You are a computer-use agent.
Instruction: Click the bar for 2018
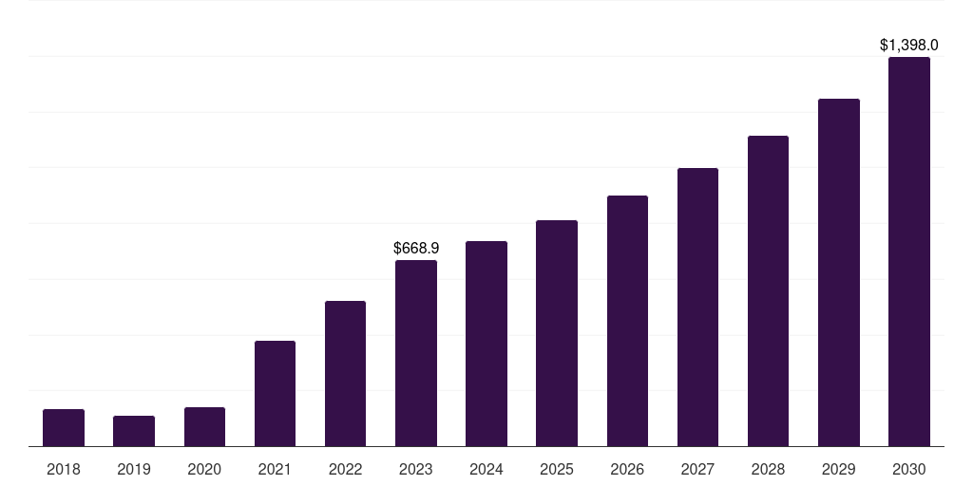[64, 428]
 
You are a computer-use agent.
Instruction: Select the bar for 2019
[134, 431]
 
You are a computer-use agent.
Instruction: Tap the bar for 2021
[275, 394]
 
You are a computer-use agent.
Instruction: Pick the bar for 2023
[416, 353]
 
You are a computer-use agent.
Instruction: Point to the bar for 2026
[627, 321]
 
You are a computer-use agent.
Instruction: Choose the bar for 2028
[768, 290]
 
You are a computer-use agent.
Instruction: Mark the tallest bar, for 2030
[909, 252]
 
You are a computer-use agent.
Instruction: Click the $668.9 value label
[416, 249]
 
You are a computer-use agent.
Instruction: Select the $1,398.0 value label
[909, 46]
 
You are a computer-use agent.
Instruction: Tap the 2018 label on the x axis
[64, 469]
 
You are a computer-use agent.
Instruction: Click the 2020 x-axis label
[204, 469]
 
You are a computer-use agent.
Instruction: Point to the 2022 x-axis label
[345, 469]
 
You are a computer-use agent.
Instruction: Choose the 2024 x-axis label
[486, 469]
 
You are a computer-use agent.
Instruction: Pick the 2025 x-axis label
[557, 469]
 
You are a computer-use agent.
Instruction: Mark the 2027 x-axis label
[697, 469]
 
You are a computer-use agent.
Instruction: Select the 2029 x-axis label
[839, 469]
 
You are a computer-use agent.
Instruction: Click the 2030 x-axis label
[909, 469]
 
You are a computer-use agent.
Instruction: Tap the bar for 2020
[204, 427]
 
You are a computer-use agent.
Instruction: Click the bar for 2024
[486, 344]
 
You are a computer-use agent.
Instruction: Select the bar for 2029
[839, 272]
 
